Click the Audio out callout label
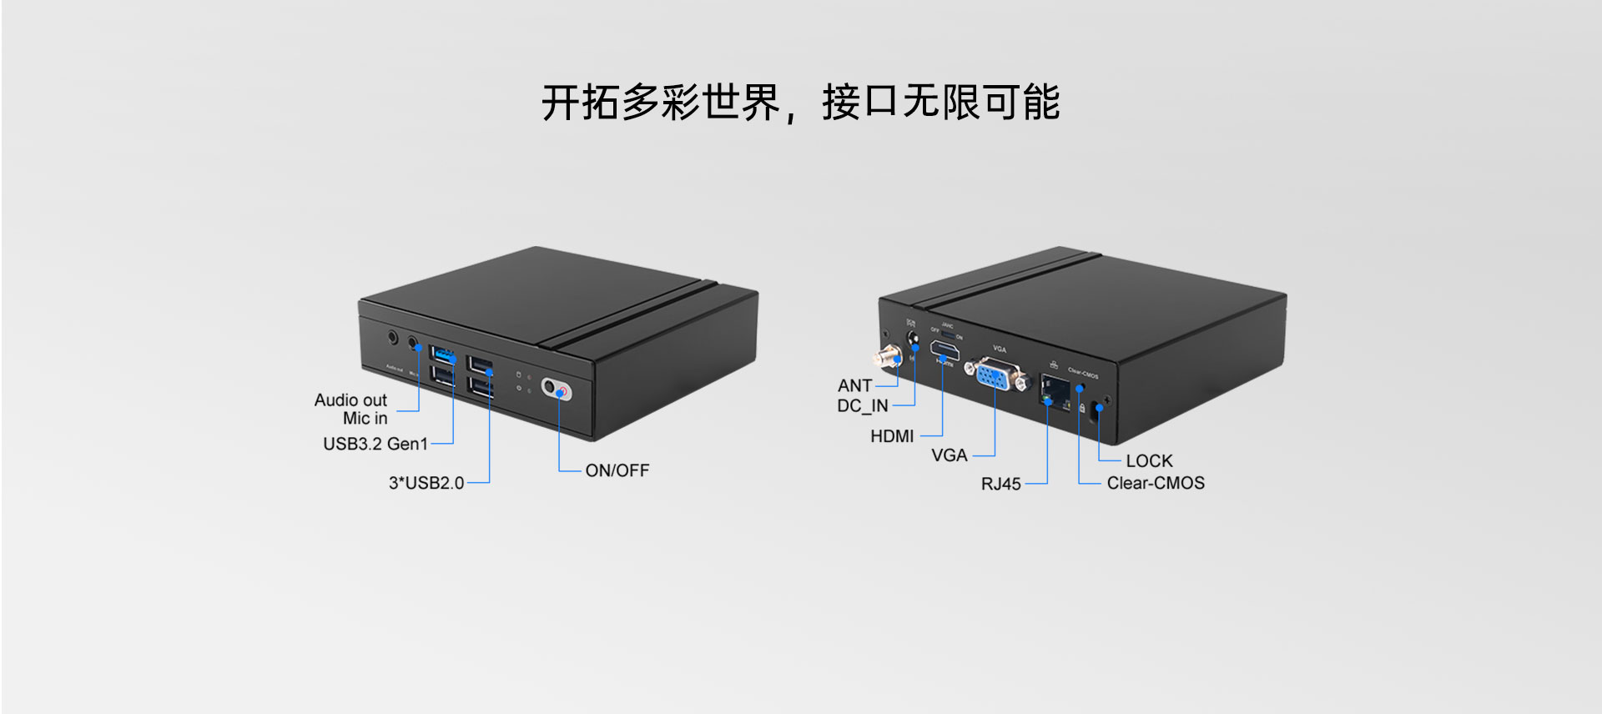(x=350, y=400)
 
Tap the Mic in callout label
(x=365, y=419)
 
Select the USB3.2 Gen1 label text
(x=375, y=444)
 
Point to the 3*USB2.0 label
(x=426, y=483)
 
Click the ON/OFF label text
(x=617, y=470)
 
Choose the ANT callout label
(x=854, y=385)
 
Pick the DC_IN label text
(x=862, y=406)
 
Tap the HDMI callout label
(x=891, y=436)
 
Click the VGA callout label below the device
(x=949, y=455)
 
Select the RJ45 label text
(x=1000, y=484)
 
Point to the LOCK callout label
(x=1149, y=461)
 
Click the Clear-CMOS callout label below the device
(x=1155, y=483)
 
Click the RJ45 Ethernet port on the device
(x=1056, y=390)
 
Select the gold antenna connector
(x=885, y=359)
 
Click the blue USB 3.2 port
(x=442, y=354)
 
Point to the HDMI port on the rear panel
(x=945, y=350)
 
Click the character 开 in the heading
(x=561, y=103)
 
